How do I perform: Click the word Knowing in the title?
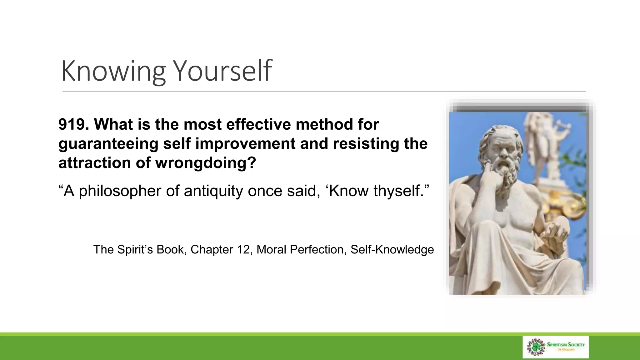[113, 71]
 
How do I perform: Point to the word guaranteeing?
[108, 144]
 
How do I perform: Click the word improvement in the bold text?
[245, 144]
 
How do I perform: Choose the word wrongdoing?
[206, 163]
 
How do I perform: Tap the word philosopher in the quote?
[120, 191]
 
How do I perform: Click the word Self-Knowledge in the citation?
[392, 250]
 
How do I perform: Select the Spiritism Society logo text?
[566, 345]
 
